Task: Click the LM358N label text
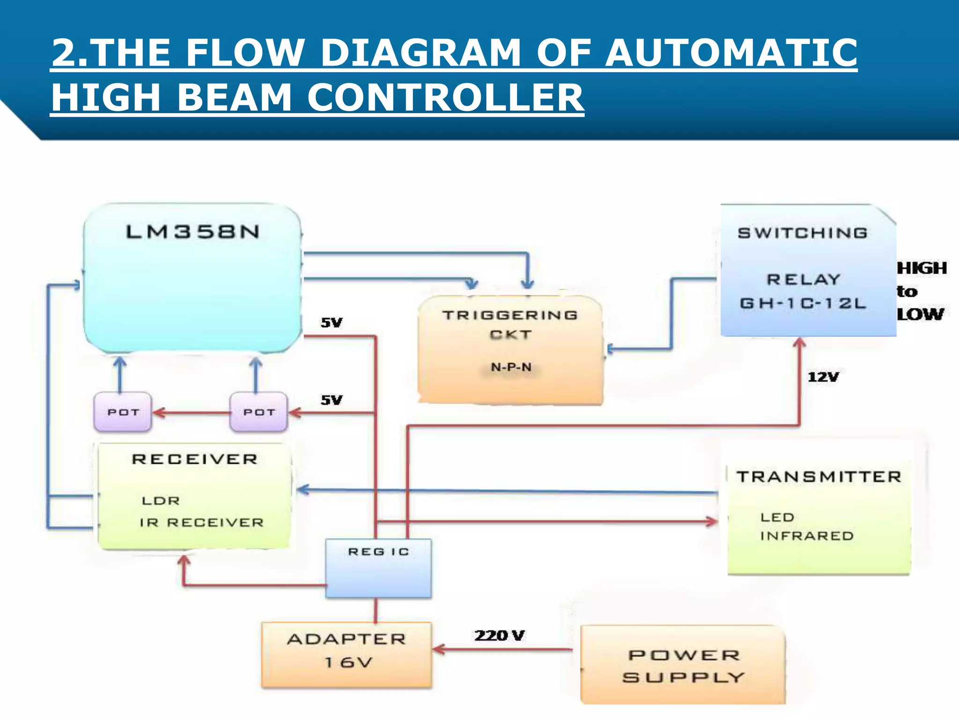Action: pos(192,232)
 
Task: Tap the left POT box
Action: pos(123,412)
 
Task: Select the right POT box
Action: pos(258,412)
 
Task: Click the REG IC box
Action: pos(378,568)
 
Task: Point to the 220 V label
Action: pos(499,636)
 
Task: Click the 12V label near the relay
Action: pos(823,377)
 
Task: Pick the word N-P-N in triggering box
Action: pos(511,367)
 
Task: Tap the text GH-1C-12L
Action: pos(803,303)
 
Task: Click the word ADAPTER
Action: pos(347,639)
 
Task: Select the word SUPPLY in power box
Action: pos(683,677)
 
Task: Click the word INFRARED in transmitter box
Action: pos(807,536)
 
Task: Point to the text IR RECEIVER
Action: pos(201,522)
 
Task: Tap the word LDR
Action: pos(161,501)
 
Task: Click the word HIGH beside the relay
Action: pos(922,268)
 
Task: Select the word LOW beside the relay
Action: pos(920,314)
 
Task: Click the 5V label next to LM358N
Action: pos(332,323)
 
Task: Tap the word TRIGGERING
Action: pos(510,315)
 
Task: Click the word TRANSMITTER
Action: pos(819,477)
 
